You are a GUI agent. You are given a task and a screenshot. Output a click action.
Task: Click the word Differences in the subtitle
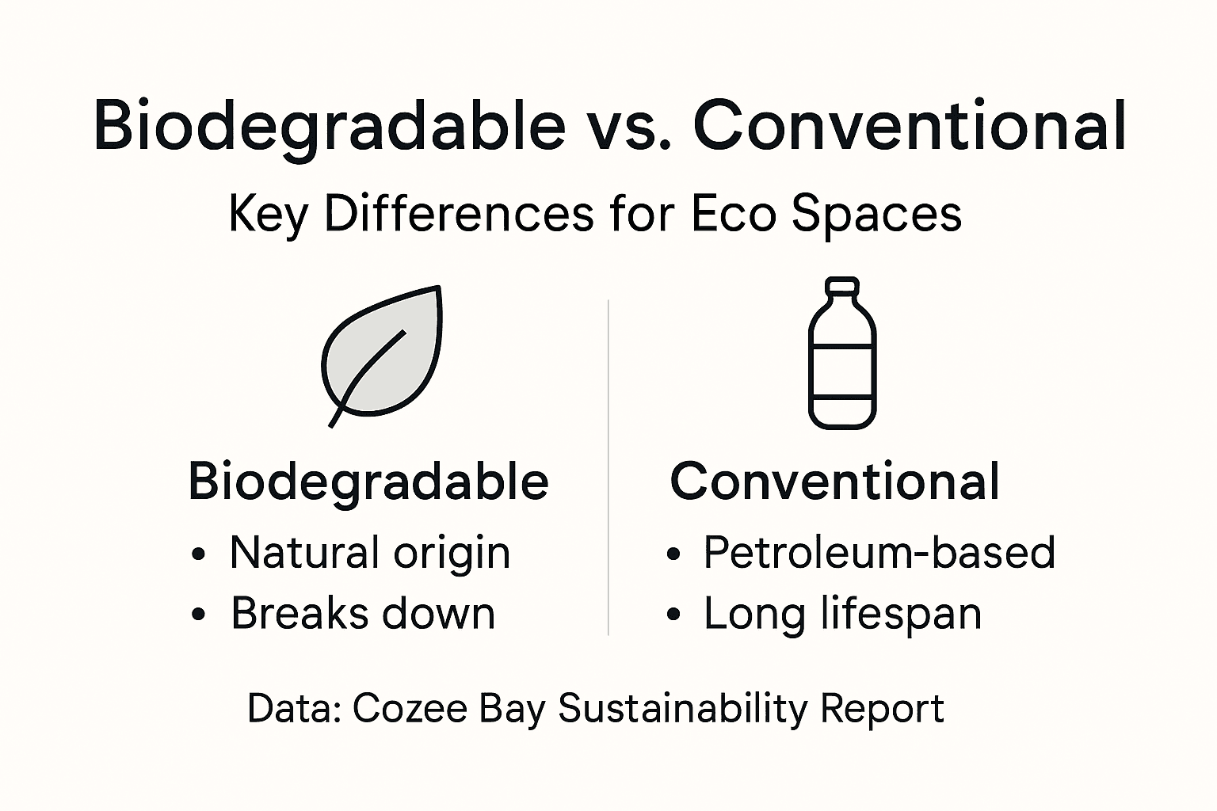(x=459, y=214)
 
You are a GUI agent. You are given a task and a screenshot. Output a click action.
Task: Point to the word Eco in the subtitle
(x=734, y=214)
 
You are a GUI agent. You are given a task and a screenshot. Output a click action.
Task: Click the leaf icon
(x=384, y=352)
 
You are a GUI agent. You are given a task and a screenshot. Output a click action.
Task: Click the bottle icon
(x=842, y=356)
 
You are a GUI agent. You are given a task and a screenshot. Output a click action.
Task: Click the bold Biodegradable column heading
(x=368, y=481)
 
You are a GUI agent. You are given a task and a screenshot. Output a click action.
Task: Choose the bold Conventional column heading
(x=835, y=481)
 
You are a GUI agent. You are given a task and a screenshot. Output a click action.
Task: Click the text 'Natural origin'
(x=370, y=553)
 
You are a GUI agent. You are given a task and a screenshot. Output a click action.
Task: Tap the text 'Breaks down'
(x=363, y=614)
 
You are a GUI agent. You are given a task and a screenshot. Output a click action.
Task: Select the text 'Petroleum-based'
(x=879, y=553)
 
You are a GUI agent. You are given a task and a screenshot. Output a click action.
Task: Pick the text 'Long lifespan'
(x=843, y=614)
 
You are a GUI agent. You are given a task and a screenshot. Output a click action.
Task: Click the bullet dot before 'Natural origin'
(x=198, y=554)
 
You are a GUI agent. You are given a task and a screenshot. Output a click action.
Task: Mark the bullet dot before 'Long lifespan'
(x=673, y=615)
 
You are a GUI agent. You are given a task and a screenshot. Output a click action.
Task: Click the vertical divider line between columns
(x=608, y=467)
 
